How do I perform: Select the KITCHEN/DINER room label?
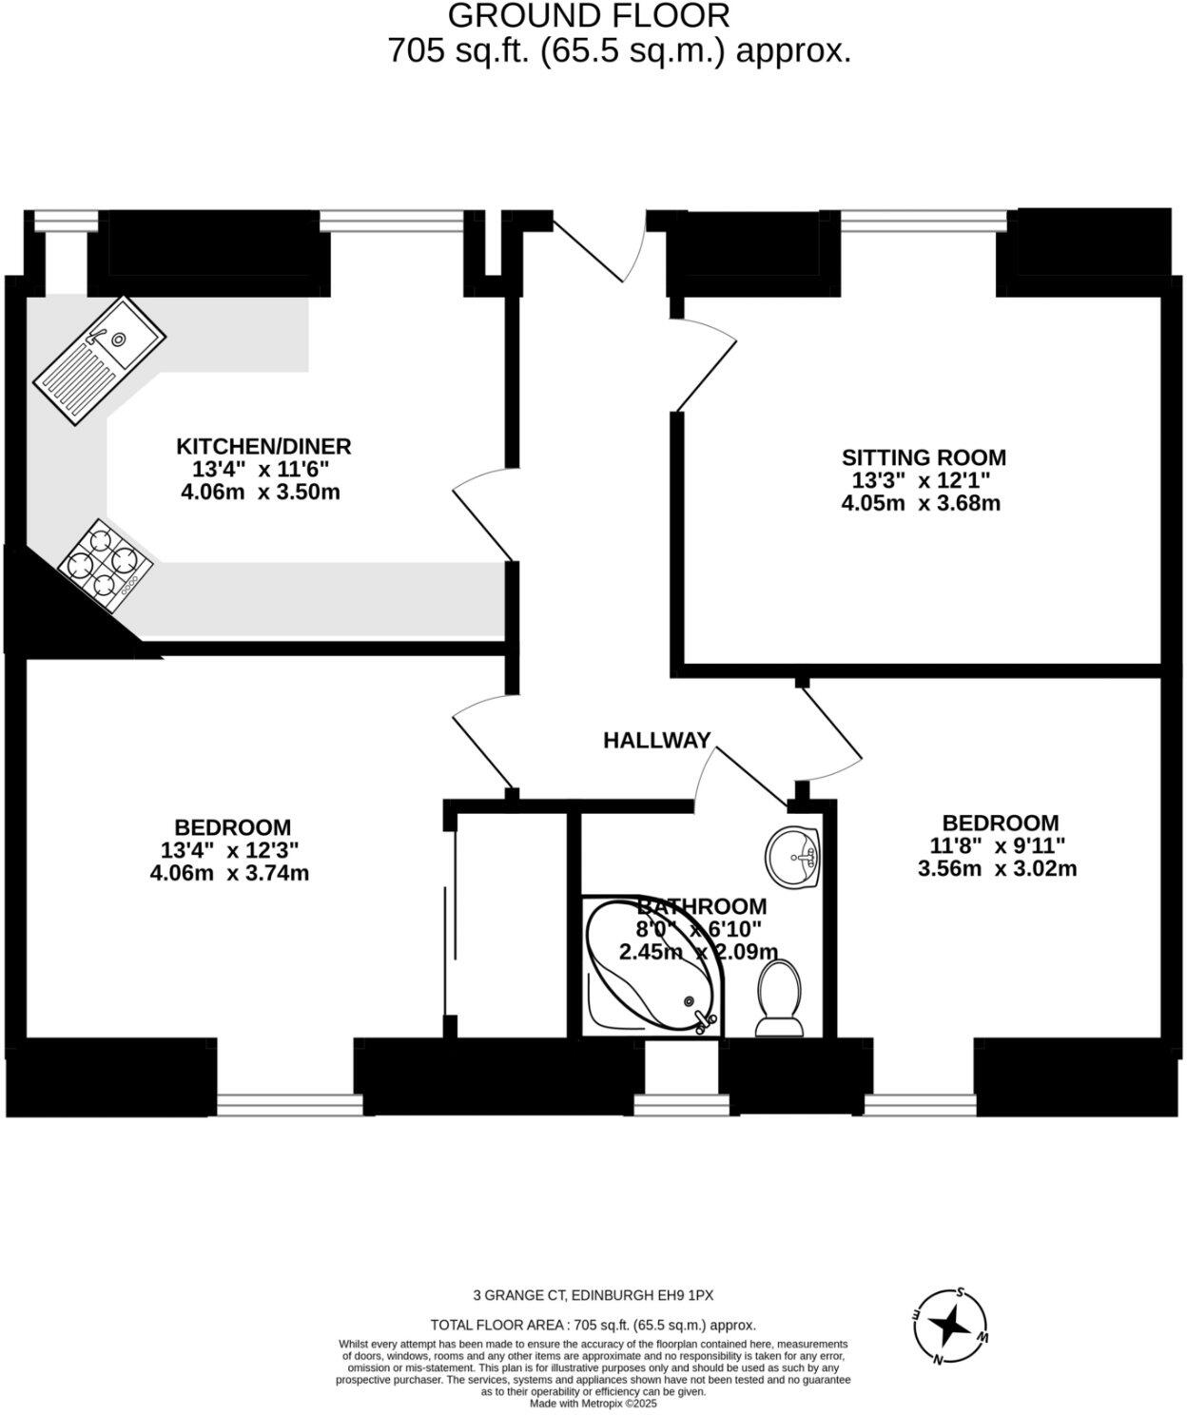[x=263, y=445]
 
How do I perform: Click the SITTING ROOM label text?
[x=924, y=457]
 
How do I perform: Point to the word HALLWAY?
[x=657, y=740]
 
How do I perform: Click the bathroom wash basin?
[x=792, y=857]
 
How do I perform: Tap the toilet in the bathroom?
[x=779, y=998]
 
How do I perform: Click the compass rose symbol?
[x=950, y=1325]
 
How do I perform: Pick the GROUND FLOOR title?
[x=589, y=15]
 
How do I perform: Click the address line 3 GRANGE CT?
[x=593, y=1294]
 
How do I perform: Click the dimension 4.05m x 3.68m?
[x=921, y=503]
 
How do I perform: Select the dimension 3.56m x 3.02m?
[x=997, y=868]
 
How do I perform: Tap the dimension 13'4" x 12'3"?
[x=231, y=850]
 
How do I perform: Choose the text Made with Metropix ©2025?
[x=593, y=1403]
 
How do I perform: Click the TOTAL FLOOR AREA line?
[x=593, y=1325]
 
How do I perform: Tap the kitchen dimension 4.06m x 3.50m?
[x=260, y=493]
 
